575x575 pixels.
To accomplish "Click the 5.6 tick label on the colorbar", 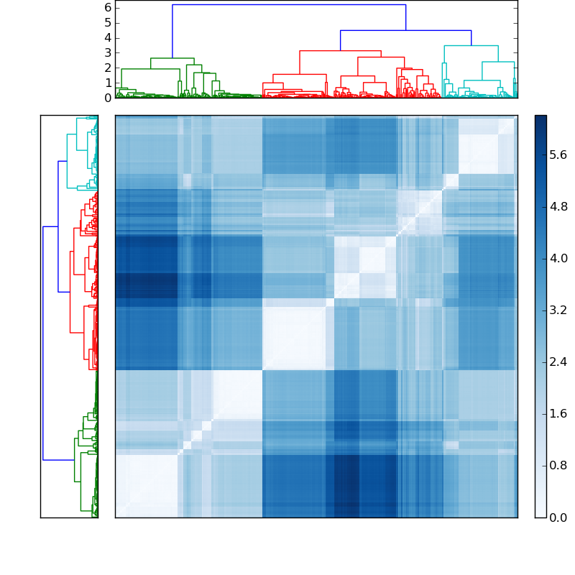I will [558, 155].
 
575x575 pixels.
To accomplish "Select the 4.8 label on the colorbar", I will [558, 206].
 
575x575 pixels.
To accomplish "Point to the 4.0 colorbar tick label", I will [558, 258].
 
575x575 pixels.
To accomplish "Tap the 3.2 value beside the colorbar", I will [558, 310].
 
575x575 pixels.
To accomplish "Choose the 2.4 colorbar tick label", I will [558, 362].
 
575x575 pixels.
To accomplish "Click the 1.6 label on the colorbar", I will [558, 413].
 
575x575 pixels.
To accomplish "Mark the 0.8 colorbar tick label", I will [558, 465].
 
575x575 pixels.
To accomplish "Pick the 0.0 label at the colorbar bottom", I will [558, 517].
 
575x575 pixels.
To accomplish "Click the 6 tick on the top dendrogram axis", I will [108, 7].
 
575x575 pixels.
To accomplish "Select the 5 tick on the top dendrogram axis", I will [108, 22].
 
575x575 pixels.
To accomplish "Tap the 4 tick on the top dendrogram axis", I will [108, 37].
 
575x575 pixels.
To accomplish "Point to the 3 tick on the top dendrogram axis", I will [108, 52].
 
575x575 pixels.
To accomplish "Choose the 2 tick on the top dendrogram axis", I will [108, 68].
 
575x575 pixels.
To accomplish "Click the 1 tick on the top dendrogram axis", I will [108, 83].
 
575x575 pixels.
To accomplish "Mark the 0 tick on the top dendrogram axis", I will [108, 98].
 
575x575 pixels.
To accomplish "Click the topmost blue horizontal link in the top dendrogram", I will [287, 5].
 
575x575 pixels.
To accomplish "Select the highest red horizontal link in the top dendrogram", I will [340, 51].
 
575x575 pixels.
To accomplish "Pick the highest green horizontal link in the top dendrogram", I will [172, 58].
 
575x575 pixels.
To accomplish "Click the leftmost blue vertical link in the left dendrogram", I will [43, 343].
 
